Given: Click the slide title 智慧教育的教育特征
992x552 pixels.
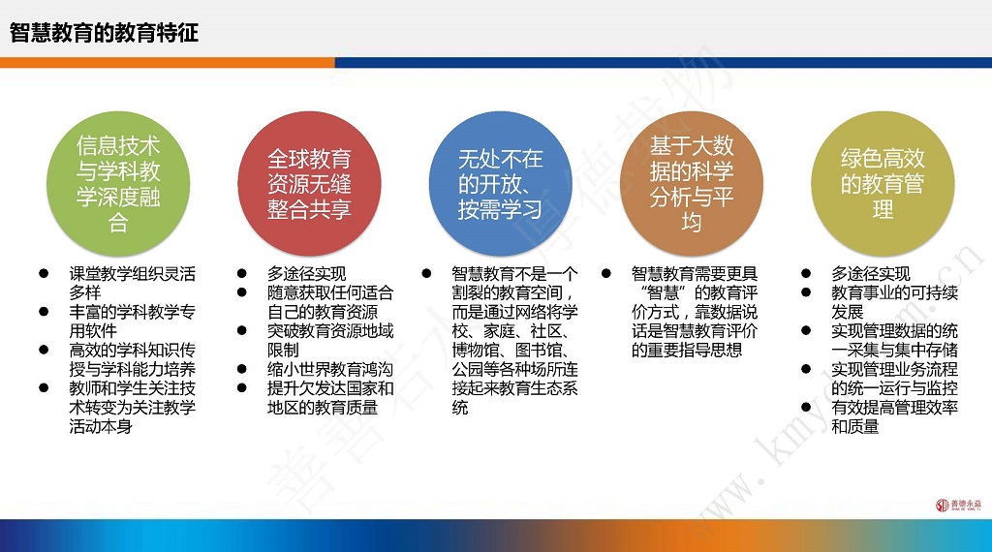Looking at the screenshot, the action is click(x=105, y=32).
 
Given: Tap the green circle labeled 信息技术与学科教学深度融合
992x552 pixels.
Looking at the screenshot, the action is click(x=118, y=184).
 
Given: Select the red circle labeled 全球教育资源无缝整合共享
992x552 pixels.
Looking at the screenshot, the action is click(x=309, y=184).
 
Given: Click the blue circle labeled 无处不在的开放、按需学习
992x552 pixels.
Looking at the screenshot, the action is click(x=501, y=184).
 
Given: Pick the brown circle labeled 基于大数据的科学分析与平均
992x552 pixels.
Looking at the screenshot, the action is click(x=692, y=184).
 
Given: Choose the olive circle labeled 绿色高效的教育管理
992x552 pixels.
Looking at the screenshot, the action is click(x=883, y=184).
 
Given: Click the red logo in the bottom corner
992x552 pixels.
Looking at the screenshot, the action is click(x=958, y=505).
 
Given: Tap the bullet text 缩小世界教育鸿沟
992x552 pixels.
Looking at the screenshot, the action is click(x=330, y=369).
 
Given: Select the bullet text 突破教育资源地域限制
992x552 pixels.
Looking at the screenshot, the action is click(x=330, y=340).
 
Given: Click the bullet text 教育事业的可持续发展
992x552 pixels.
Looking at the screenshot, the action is click(x=894, y=302).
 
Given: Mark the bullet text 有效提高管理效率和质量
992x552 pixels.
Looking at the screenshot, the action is click(x=894, y=416).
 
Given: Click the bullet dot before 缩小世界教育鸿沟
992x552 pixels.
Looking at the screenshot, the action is click(x=241, y=369).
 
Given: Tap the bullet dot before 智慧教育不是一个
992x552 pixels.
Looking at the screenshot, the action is click(x=426, y=274).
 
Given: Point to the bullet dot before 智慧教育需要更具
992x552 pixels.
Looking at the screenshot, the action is click(x=606, y=274).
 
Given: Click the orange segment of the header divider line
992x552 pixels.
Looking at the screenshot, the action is click(x=167, y=63).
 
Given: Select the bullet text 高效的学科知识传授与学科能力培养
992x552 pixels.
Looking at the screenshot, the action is click(x=132, y=359).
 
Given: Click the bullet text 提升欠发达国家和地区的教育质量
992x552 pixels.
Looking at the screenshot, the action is click(x=330, y=398).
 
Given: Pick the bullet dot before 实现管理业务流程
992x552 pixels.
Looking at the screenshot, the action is click(x=806, y=369).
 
